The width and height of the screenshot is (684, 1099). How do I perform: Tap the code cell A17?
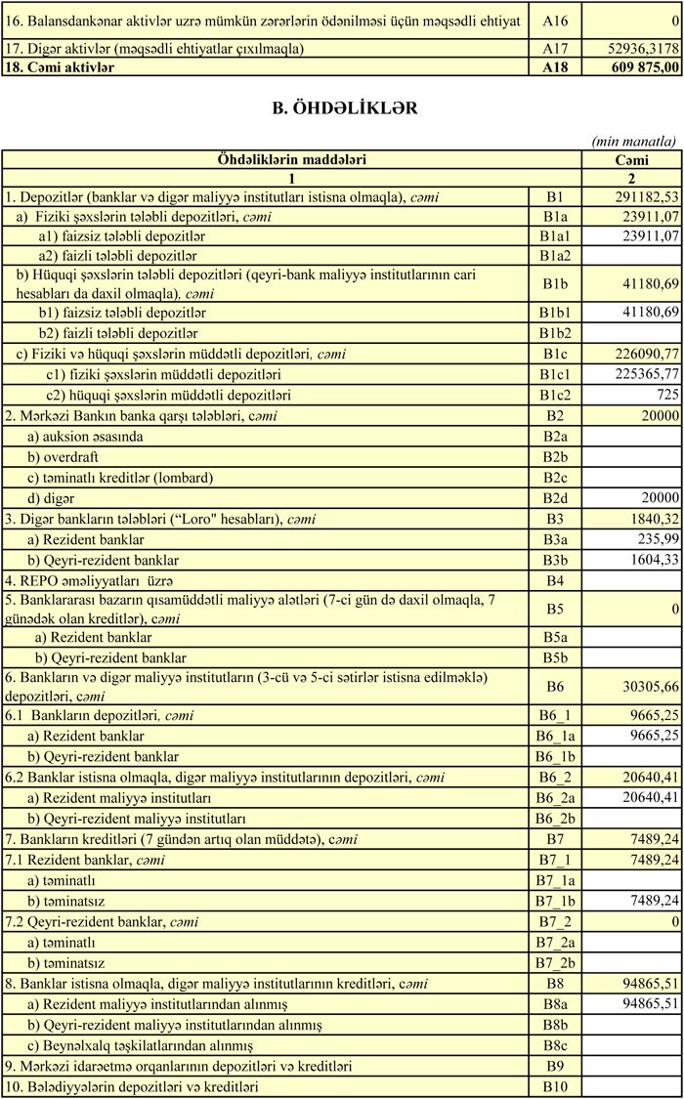click(555, 48)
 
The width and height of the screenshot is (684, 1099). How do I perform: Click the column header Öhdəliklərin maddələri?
click(291, 159)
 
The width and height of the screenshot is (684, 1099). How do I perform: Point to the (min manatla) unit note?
click(635, 141)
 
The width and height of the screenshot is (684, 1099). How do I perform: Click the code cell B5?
click(555, 609)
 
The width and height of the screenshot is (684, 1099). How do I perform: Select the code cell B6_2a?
click(555, 798)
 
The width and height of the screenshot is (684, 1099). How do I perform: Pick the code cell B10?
click(555, 1086)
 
